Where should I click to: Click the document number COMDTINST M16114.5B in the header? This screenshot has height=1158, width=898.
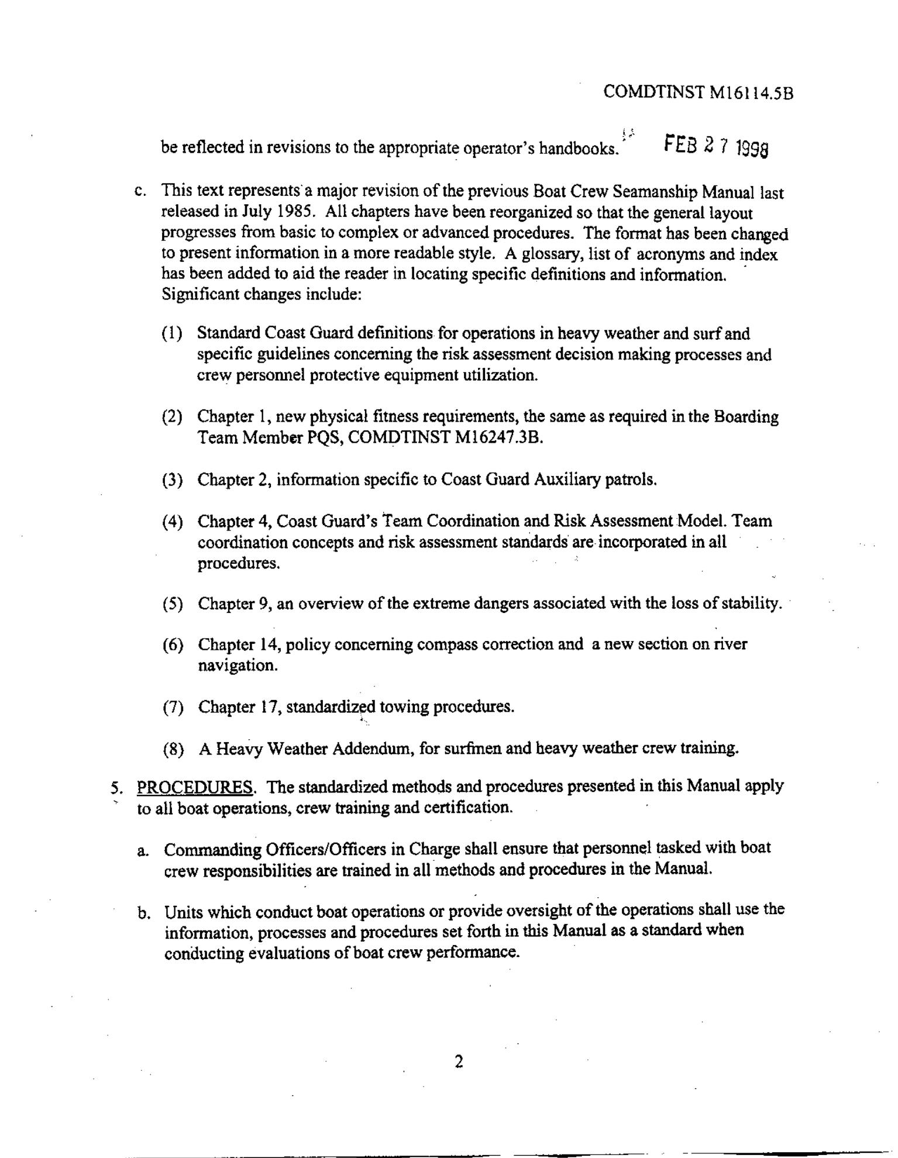[x=698, y=92]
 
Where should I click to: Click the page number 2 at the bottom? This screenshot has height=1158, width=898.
[x=459, y=1061]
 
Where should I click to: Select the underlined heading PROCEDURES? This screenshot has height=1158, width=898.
[x=195, y=787]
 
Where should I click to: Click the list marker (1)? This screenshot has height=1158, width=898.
[x=172, y=333]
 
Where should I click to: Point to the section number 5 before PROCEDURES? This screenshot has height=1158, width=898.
[x=115, y=787]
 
